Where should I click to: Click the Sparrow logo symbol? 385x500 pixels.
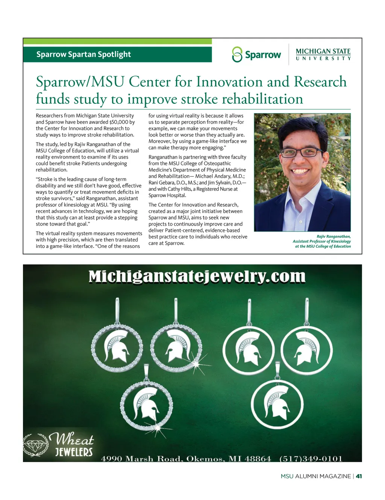click(237, 55)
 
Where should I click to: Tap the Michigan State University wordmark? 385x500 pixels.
click(323, 54)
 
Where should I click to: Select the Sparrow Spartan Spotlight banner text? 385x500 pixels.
click(83, 55)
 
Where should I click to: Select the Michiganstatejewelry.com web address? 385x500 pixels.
click(197, 277)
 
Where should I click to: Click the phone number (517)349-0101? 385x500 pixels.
click(311, 459)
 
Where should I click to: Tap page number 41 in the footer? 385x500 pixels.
click(359, 476)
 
